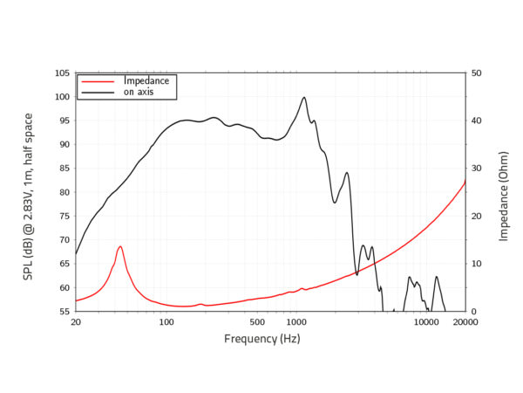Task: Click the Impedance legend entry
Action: point(145,80)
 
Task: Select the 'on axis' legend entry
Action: point(139,92)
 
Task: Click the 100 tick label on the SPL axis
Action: point(61,97)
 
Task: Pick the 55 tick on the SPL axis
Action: point(64,312)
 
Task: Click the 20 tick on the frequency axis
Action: point(76,322)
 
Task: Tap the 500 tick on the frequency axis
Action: point(257,322)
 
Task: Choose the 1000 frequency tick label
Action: point(295,322)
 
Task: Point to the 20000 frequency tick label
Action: point(465,322)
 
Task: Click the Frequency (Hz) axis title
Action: point(261,339)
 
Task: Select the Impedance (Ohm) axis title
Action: point(504,193)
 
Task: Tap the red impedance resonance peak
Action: point(120,247)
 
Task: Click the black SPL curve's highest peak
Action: point(304,98)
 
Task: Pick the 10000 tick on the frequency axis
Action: point(426,322)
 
